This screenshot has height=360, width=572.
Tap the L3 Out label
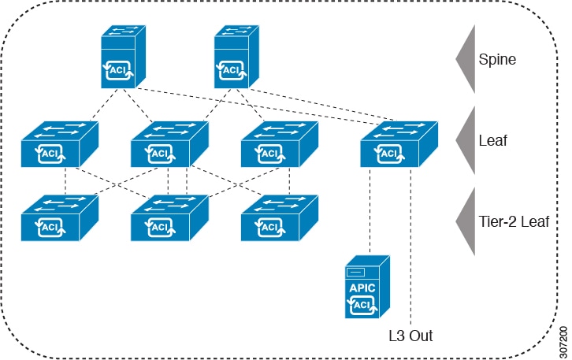click(x=410, y=335)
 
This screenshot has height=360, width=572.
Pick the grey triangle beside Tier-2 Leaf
click(x=466, y=220)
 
